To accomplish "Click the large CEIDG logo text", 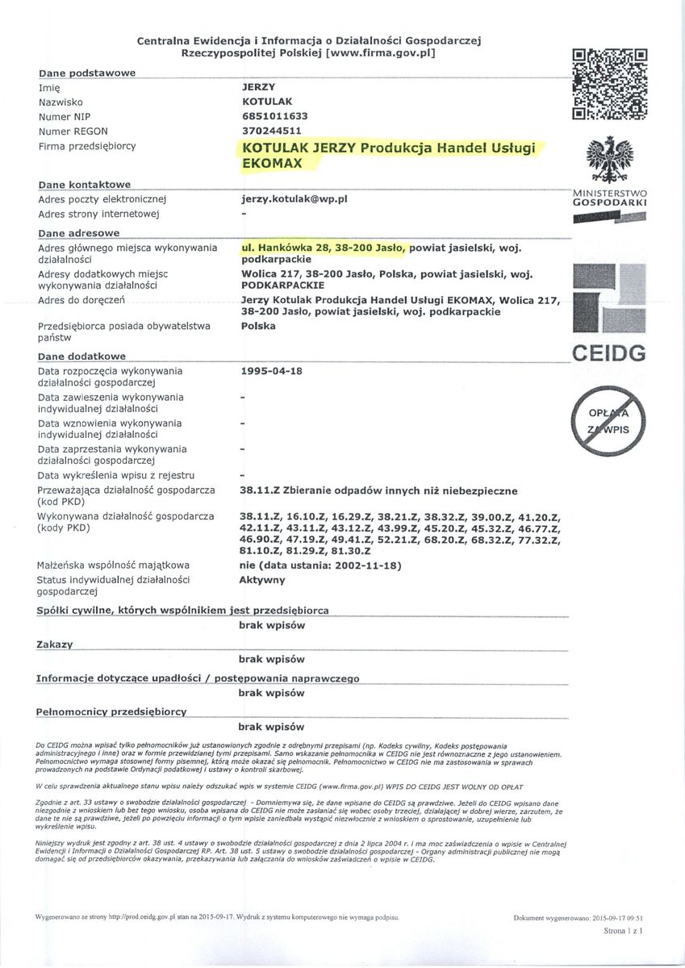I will (x=610, y=353).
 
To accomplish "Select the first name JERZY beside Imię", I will (x=257, y=87).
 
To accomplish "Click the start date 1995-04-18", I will (x=271, y=372).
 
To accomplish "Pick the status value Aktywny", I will (x=262, y=579).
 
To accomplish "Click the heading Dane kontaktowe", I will (x=85, y=185).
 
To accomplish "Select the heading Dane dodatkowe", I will (x=82, y=357).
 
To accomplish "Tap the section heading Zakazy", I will (x=55, y=645).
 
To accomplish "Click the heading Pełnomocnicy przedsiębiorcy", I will (x=111, y=712).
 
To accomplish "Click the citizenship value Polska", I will (x=258, y=326).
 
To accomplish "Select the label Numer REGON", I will (x=73, y=131).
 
